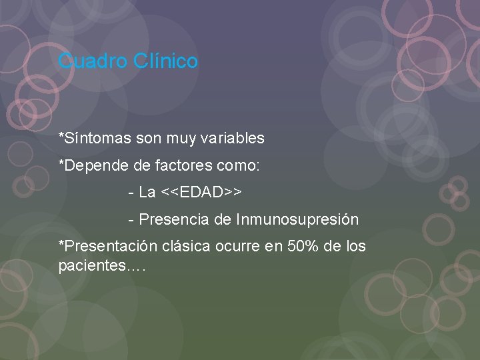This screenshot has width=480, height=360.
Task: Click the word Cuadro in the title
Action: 93,61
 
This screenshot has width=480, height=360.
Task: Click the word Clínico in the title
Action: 165,61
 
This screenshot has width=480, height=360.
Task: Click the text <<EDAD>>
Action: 201,193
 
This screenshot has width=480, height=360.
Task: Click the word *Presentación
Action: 107,246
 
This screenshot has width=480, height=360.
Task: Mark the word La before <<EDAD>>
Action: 147,193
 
